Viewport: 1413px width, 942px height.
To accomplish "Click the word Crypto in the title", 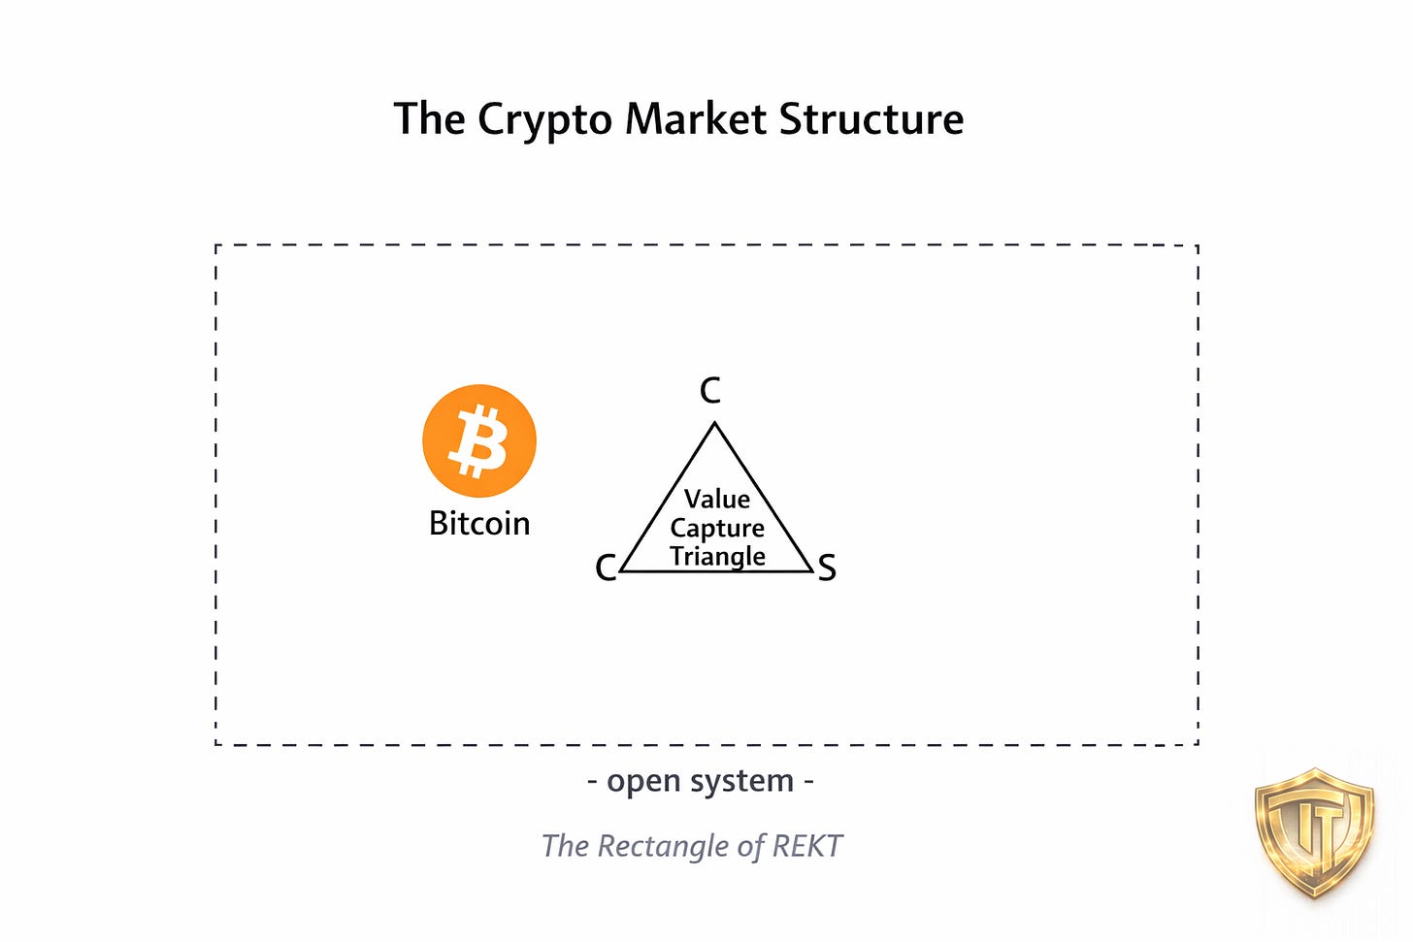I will pos(544,120).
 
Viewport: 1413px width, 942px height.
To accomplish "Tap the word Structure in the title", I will pos(871,119).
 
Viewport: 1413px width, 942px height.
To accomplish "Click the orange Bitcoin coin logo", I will pos(479,441).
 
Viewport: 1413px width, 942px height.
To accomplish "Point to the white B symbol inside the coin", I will pos(478,441).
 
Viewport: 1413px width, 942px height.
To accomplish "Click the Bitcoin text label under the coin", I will pos(479,524).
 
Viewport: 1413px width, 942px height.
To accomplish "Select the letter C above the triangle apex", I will pos(710,391).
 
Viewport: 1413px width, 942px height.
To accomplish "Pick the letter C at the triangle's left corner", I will pos(606,568).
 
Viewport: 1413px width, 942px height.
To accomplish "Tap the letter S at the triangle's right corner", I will pos(826,568).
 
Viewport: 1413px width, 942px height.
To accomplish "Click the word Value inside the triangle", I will pos(717,500).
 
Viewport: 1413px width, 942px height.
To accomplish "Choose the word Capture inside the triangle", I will pos(717,529).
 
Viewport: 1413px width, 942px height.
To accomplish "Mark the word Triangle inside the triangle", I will pos(717,556).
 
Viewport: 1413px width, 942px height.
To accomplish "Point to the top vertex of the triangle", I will pos(715,423).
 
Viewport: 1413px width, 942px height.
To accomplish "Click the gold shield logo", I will pos(1315,832).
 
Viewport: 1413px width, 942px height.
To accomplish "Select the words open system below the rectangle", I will pos(701,781).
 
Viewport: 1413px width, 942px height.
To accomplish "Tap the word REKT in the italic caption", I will pos(806,846).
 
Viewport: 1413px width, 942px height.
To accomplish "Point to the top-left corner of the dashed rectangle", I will pos(215,246).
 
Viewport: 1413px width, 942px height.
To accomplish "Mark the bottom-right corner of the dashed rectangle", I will pos(1198,744).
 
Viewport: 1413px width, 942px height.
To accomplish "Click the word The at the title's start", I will pos(429,119).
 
